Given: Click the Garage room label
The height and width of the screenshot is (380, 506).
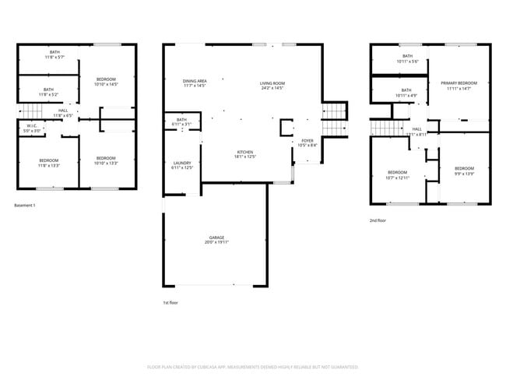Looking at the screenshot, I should point(216,239).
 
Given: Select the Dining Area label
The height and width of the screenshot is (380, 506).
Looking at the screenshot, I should point(195,83).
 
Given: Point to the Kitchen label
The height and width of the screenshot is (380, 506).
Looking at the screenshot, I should point(245,154).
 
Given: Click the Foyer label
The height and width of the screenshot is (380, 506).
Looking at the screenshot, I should point(307,143).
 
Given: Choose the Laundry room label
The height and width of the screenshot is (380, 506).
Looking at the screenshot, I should point(181,166).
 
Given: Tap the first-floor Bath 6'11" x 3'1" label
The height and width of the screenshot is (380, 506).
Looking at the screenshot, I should point(181,121).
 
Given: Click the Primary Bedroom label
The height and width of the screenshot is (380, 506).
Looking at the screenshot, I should point(459,86).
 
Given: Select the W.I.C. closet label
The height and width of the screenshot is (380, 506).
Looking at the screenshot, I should point(32,128).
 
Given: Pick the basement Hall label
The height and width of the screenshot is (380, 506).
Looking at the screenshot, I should point(62,113).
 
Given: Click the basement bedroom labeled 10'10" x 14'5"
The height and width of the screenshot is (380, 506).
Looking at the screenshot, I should point(107,82).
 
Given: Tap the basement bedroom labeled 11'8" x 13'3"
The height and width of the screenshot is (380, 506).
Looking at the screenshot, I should point(49,163).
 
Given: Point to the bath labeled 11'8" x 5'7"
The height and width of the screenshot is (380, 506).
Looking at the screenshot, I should point(48,55).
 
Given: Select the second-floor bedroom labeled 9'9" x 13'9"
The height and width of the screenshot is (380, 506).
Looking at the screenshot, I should point(465,171).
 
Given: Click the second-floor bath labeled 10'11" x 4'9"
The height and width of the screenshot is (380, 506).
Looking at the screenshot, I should point(406,93).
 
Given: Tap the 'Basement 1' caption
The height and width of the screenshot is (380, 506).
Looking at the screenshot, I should point(26,206).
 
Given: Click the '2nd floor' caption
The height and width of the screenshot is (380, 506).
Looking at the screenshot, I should point(378,220).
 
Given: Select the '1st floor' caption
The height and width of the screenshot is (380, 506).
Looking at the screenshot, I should point(170,302).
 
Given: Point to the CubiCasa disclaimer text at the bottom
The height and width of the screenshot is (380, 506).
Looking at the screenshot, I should point(253,366).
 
